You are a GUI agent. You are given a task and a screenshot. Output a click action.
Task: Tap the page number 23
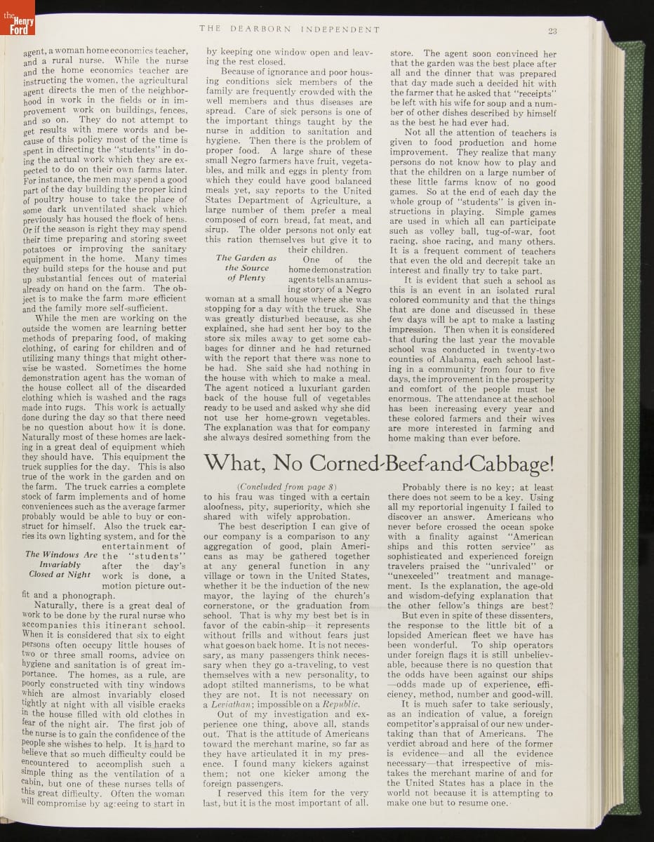click(x=553, y=30)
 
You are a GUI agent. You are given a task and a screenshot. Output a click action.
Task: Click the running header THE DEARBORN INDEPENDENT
click(x=289, y=30)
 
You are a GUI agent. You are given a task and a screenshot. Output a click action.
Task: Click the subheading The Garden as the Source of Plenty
click(x=246, y=268)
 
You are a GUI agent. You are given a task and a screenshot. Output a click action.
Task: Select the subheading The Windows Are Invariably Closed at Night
click(x=61, y=564)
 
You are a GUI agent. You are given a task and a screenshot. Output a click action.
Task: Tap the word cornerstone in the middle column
click(x=229, y=606)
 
